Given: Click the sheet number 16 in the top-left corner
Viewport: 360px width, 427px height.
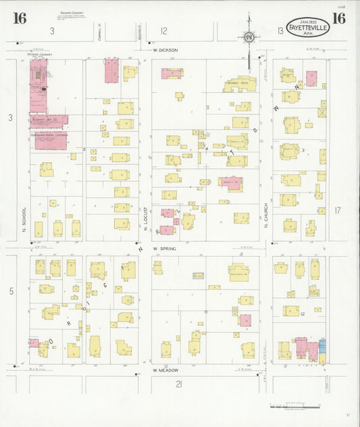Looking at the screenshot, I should pyautogui.click(x=20, y=18).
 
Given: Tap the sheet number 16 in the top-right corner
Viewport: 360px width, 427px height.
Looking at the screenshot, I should pyautogui.click(x=338, y=18).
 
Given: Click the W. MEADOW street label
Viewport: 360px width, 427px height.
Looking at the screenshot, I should pyautogui.click(x=164, y=370).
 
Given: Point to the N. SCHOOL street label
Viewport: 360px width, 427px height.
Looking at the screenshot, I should pyautogui.click(x=24, y=220).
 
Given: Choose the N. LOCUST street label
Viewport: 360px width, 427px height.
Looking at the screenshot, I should pyautogui.click(x=145, y=220).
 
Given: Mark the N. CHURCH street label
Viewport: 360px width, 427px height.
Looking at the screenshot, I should pyautogui.click(x=267, y=215).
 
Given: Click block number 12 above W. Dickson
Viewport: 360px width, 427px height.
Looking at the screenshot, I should pyautogui.click(x=163, y=30).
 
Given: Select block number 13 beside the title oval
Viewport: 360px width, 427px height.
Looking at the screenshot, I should pyautogui.click(x=280, y=30).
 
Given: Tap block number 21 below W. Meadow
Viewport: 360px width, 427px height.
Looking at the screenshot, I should pyautogui.click(x=179, y=384).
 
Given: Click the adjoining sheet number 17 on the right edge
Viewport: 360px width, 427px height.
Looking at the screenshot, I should pyautogui.click(x=338, y=210).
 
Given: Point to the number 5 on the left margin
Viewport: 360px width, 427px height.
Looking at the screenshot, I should pyautogui.click(x=11, y=291).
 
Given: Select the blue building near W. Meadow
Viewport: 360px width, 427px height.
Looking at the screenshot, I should pyautogui.click(x=322, y=346).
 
